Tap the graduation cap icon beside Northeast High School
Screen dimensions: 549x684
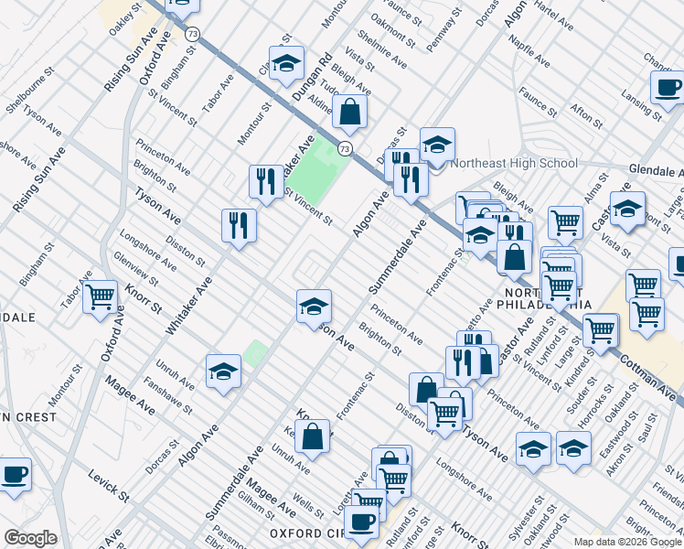(x=438, y=145)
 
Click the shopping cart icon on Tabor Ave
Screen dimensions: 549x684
(x=100, y=297)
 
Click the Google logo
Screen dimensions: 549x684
(x=30, y=538)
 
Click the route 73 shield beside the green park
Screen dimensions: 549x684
(x=345, y=148)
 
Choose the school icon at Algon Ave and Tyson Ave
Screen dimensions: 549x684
(x=314, y=307)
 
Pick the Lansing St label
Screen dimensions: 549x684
(x=638, y=103)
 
